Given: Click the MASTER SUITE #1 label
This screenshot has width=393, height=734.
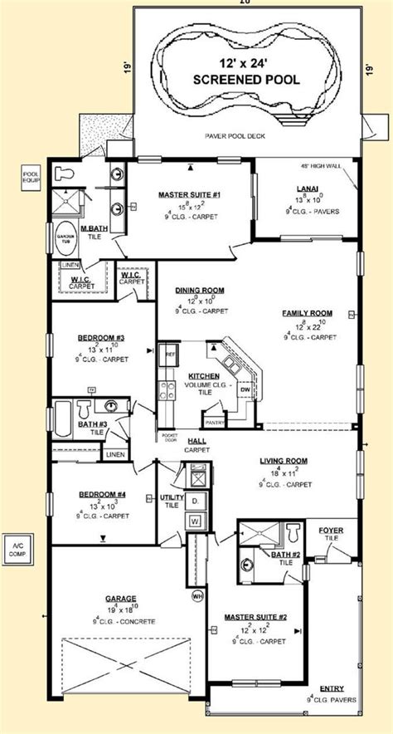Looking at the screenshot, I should click(188, 194).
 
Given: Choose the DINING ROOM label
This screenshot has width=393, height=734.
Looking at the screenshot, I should click(199, 290).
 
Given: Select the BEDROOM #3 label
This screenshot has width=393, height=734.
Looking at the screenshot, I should click(102, 337).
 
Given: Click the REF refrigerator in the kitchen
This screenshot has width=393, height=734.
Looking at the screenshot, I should click(172, 354).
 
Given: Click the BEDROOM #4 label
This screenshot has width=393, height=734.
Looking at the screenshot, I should click(102, 495).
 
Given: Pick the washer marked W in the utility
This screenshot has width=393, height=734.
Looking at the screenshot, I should click(196, 521).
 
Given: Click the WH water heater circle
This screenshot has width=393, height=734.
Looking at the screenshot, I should click(197, 595).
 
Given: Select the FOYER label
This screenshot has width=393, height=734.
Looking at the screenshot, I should click(330, 529).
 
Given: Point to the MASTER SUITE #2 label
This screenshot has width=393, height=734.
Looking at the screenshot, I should click(255, 618).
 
